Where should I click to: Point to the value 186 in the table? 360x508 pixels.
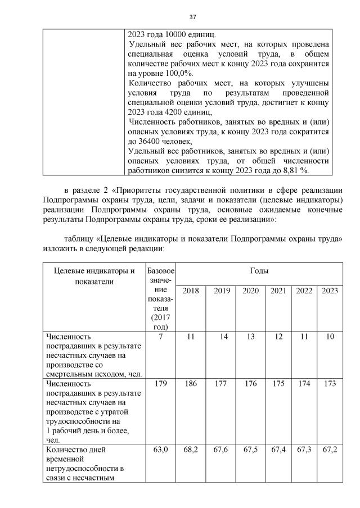(x=191, y=383)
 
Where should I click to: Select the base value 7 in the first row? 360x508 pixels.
(x=161, y=336)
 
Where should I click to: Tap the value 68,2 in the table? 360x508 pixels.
(x=191, y=449)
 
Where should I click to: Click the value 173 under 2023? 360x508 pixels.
(x=330, y=383)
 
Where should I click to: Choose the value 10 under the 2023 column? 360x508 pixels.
(x=330, y=336)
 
